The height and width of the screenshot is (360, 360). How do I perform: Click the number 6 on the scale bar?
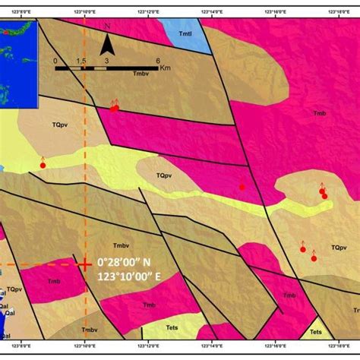click(x=157, y=61)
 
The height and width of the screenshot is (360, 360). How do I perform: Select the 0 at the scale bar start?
click(x=55, y=61)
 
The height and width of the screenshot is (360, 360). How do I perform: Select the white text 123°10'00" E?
click(x=130, y=277)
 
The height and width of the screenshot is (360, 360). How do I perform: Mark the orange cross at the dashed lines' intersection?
click(x=85, y=264)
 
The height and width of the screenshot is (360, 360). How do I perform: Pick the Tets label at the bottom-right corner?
click(x=316, y=332)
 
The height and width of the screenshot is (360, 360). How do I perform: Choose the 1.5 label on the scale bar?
click(x=82, y=61)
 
